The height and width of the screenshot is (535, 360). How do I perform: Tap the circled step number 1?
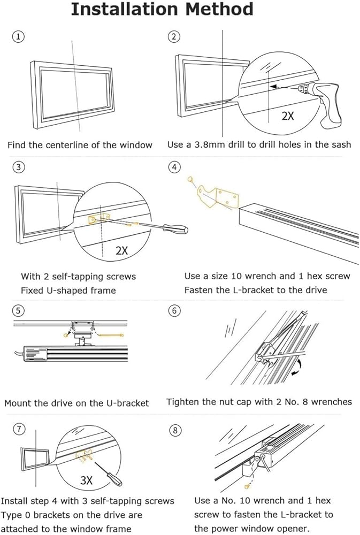coord(18,36)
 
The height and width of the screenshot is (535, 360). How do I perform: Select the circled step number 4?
coord(174,167)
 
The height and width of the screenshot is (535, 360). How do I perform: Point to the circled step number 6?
coord(174,310)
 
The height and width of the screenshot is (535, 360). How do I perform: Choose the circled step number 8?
coord(174,430)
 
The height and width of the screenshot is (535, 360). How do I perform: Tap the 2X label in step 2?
coord(288,116)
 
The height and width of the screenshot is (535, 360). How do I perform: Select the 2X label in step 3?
coord(121,250)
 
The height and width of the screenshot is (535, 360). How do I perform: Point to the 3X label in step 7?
coord(87,480)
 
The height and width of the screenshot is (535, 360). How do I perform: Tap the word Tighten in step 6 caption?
coord(183,401)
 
